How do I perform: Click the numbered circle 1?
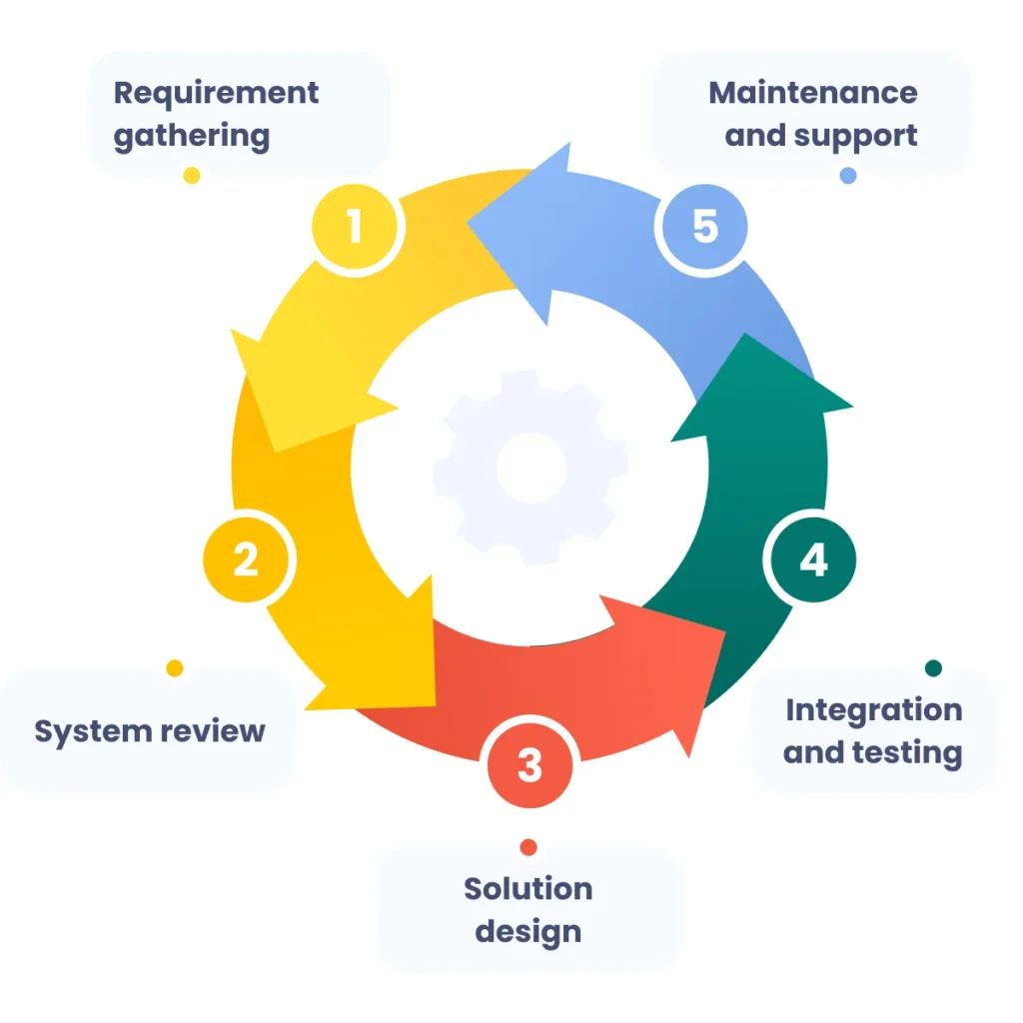pyautogui.click(x=355, y=228)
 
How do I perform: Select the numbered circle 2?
pyautogui.click(x=246, y=559)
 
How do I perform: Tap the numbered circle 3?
pyautogui.click(x=529, y=766)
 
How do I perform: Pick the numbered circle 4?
pyautogui.click(x=813, y=560)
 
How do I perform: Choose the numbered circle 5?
pyautogui.click(x=705, y=227)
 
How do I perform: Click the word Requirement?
pyautogui.click(x=216, y=93)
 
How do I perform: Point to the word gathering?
pyautogui.click(x=192, y=136)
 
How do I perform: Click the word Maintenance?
pyautogui.click(x=812, y=93)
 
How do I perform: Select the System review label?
pyautogui.click(x=150, y=730)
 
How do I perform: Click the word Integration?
pyautogui.click(x=873, y=709)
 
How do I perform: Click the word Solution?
pyautogui.click(x=527, y=888)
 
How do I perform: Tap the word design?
pyautogui.click(x=527, y=931)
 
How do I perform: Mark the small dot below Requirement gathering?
pyautogui.click(x=192, y=176)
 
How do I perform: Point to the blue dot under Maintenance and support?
pyautogui.click(x=848, y=176)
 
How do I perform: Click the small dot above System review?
pyautogui.click(x=175, y=668)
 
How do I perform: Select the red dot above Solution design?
pyautogui.click(x=528, y=847)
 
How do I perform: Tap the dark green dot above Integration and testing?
pyautogui.click(x=933, y=668)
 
